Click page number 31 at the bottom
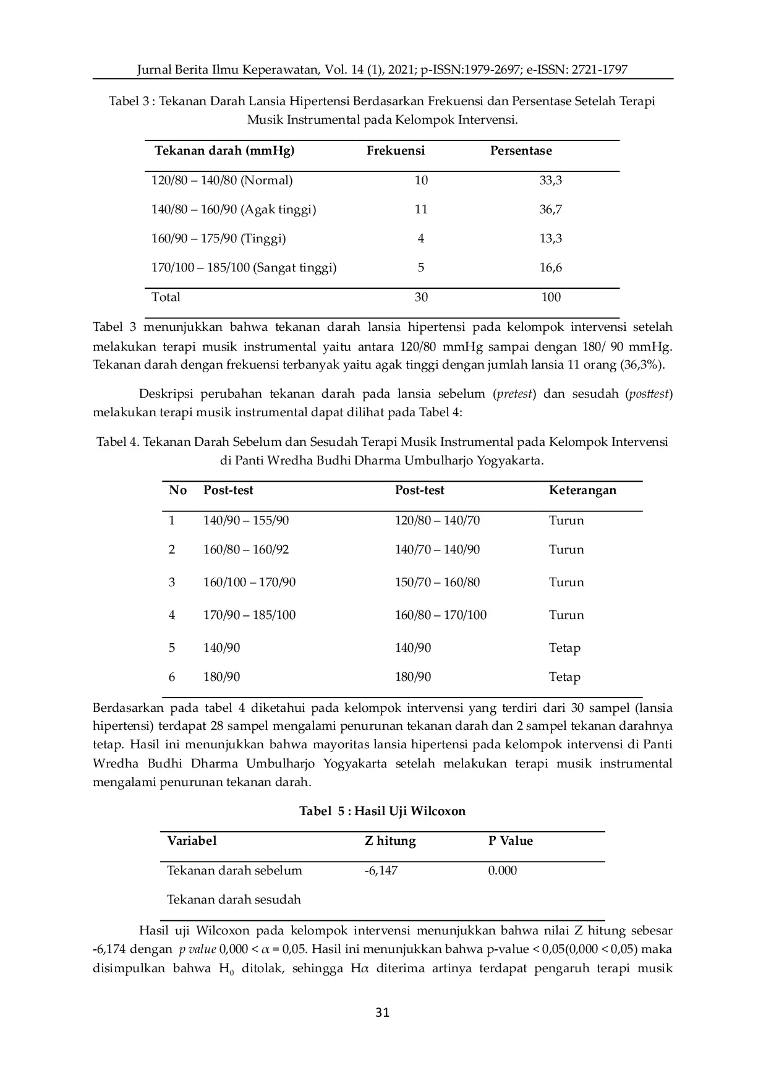coord(383,1012)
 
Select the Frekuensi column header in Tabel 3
coord(396,151)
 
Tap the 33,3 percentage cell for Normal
coord(550,181)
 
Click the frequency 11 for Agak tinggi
coord(421,210)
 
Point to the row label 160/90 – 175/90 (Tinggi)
coord(218,239)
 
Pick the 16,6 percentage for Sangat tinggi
coord(550,268)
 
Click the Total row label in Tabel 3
coord(166,297)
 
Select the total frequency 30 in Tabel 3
coord(421,297)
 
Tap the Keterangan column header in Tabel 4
coord(582,490)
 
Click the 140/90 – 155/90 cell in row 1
coord(246,521)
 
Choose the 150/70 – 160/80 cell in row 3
coord(437,583)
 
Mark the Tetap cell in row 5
coord(564,648)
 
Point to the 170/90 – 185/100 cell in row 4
coord(249,615)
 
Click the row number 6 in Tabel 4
coord(172,677)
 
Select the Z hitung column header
coord(390,841)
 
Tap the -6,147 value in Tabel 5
coord(381,871)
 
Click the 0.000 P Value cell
coord(502,871)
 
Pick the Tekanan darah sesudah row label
coord(234,900)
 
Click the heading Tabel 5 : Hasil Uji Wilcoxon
coord(382,811)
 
